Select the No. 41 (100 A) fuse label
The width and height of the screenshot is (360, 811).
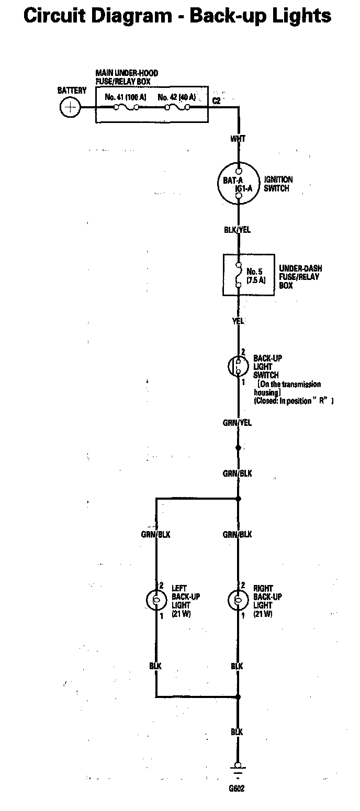126,97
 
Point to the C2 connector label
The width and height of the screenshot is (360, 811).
217,100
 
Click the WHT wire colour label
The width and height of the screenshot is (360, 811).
238,139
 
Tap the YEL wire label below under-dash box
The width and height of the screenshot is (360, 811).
238,321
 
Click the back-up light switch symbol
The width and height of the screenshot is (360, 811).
238,366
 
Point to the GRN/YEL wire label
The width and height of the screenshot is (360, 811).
237,423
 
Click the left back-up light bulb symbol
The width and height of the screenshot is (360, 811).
156,600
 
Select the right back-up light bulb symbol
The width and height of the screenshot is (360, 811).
238,600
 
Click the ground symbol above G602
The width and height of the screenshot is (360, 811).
238,771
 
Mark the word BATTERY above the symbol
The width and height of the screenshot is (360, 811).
72,91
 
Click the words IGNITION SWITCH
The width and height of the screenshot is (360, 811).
278,184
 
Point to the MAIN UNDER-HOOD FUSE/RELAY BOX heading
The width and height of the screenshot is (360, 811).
126,77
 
